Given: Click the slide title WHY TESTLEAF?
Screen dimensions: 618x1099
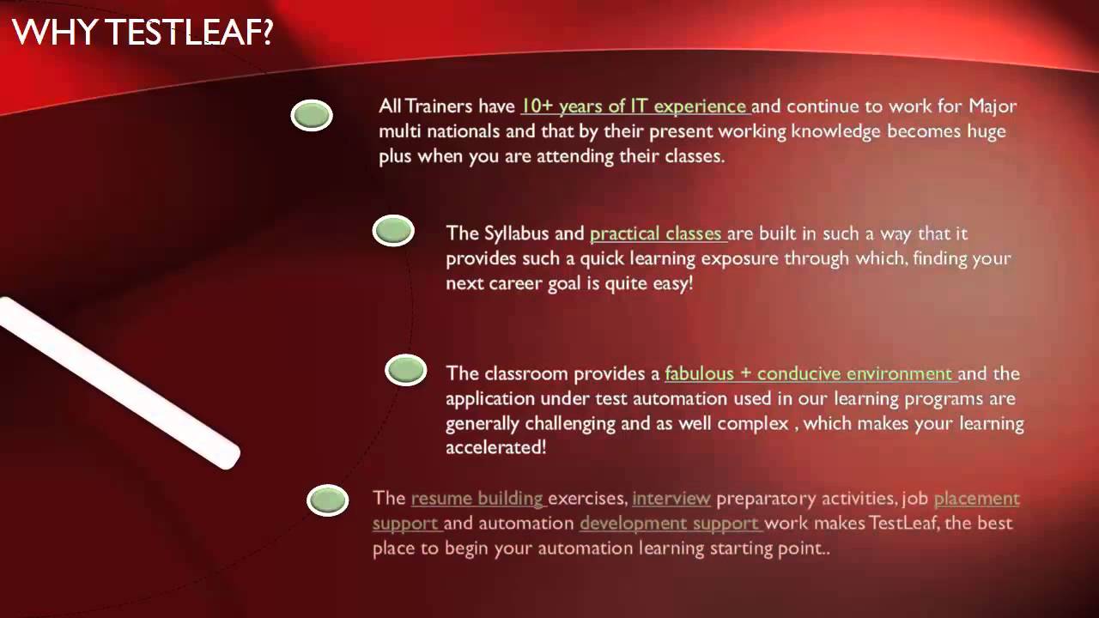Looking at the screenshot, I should (143, 33).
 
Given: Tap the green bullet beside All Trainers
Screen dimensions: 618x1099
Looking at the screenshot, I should (312, 115).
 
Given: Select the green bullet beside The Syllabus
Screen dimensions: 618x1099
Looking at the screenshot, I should (393, 230).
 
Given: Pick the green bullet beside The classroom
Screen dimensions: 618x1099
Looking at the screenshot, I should (406, 370).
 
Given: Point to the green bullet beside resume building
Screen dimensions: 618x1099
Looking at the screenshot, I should (327, 500).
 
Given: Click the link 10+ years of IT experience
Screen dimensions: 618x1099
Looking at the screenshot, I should (635, 106).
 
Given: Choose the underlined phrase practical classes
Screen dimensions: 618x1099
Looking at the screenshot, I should (657, 233).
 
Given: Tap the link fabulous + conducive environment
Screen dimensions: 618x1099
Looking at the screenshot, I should (810, 373).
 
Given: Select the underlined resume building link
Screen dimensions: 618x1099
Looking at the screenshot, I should (477, 499).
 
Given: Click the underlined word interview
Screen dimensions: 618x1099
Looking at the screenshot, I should (671, 499).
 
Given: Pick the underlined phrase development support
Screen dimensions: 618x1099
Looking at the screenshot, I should (670, 524).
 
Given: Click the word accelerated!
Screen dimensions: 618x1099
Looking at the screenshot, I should (496, 448).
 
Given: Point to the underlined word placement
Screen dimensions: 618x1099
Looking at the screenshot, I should (976, 499).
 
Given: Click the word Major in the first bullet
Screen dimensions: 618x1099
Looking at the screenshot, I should (993, 107).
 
